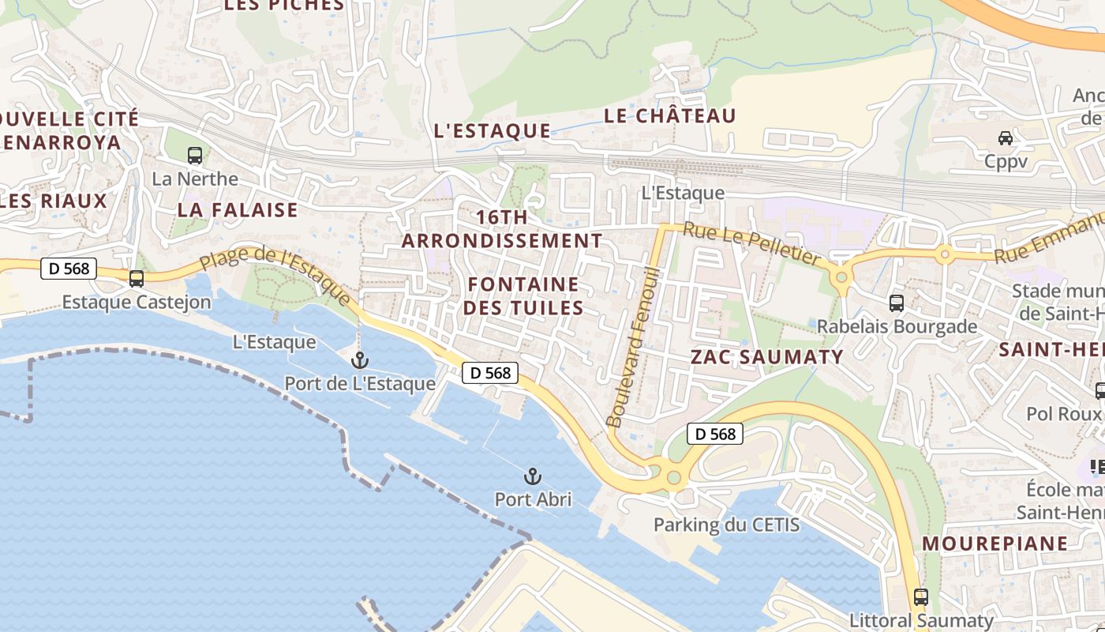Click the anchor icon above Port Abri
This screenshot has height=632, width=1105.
tap(533, 476)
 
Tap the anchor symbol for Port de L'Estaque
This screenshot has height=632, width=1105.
tap(360, 360)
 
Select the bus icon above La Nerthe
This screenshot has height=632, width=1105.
tap(195, 156)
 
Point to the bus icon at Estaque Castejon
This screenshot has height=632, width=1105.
tap(137, 278)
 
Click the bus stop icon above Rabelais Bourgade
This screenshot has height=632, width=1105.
tap(897, 303)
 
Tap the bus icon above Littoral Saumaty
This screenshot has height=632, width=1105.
tap(920, 597)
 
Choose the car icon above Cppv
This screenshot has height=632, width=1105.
tap(1006, 138)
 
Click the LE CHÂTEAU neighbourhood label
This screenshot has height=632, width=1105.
tap(669, 116)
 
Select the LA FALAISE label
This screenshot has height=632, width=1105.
tap(238, 210)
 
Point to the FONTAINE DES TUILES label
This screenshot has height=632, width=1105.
tap(523, 296)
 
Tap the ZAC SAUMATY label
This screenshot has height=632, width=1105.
tap(767, 357)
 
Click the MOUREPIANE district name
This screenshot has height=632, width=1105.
tap(994, 544)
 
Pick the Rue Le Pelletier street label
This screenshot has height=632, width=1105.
tap(751, 243)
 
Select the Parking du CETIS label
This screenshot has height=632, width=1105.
tap(726, 525)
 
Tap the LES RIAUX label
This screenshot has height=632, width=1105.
tap(54, 201)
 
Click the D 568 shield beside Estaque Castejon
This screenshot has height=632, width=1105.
tap(69, 269)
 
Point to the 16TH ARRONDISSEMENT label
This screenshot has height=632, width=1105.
tap(502, 229)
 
